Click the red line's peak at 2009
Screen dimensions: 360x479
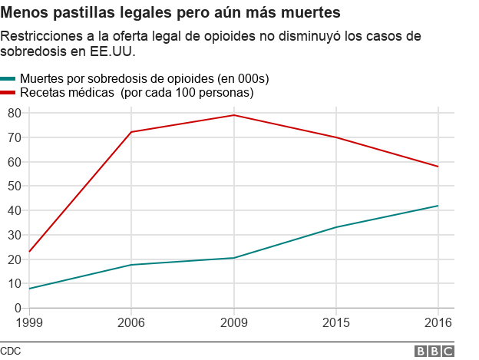pyautogui.click(x=233, y=115)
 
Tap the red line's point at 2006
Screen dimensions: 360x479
pyautogui.click(x=131, y=132)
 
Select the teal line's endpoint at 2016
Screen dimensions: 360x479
pyautogui.click(x=438, y=206)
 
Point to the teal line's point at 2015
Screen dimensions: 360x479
pyautogui.click(x=335, y=227)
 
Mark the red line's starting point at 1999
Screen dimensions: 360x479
pyautogui.click(x=29, y=252)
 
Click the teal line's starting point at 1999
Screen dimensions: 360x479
pyautogui.click(x=29, y=289)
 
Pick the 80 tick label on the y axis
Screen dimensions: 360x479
pyautogui.click(x=14, y=113)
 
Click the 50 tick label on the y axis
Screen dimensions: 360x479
pyautogui.click(x=14, y=186)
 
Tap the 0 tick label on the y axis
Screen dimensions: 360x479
pyautogui.click(x=17, y=308)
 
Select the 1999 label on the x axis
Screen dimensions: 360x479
pyautogui.click(x=29, y=322)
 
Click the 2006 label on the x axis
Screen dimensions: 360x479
pyautogui.click(x=131, y=322)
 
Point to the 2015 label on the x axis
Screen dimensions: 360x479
pyautogui.click(x=335, y=322)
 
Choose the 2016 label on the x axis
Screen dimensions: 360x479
pyautogui.click(x=438, y=322)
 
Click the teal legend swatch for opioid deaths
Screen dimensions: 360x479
pyautogui.click(x=8, y=78)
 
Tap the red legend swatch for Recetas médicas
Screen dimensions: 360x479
pyautogui.click(x=8, y=92)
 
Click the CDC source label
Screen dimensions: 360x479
pyautogui.click(x=11, y=351)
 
